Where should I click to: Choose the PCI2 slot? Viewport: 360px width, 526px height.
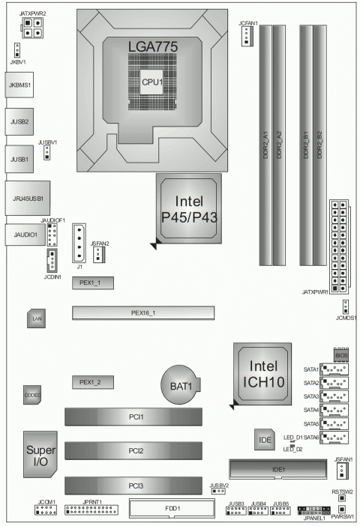click(134, 451)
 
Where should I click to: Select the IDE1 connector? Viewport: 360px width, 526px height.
click(277, 470)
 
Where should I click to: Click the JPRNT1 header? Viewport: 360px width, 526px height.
click(93, 511)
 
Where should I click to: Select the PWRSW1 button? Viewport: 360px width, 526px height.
click(341, 510)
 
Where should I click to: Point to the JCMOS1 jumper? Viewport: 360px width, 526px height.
click(345, 306)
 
